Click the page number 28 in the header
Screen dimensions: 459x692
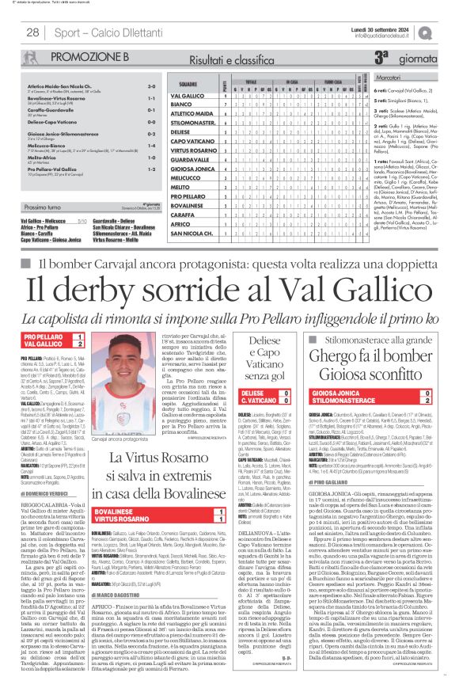(32, 32)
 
